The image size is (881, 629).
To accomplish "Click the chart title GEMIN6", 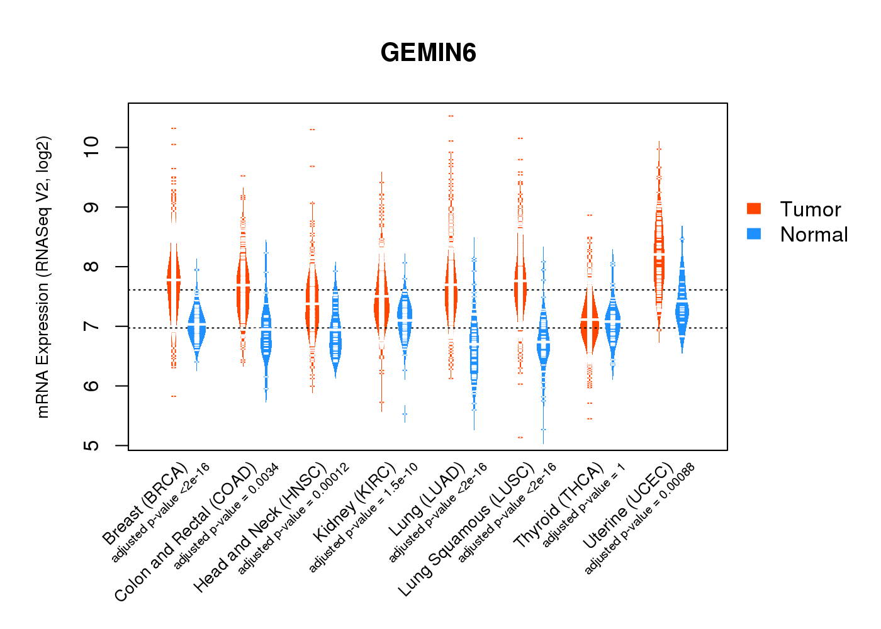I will point(428,53).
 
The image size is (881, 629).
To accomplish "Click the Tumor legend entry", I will point(809,209).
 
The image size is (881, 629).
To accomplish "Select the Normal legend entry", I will point(813,235).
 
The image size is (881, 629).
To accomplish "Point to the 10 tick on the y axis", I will point(93,147).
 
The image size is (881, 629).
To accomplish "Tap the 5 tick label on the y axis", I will point(93,445).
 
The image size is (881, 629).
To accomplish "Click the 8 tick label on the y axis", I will point(93,267).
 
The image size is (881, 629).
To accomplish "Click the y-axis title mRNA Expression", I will point(43,277).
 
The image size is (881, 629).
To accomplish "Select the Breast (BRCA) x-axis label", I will point(145,504).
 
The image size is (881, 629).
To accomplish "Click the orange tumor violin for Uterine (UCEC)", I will point(659,252).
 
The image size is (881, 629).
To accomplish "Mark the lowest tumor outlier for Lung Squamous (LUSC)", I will point(520,437).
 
